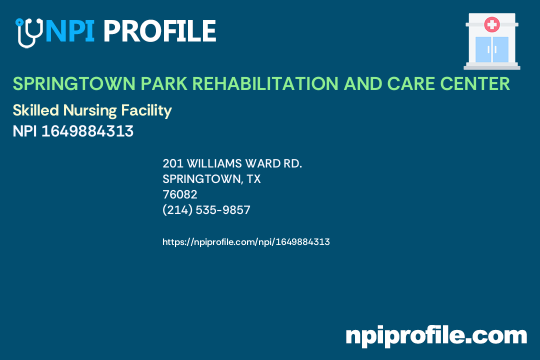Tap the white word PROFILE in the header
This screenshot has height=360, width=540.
tap(159, 31)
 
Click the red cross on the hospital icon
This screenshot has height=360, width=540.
tap(492, 24)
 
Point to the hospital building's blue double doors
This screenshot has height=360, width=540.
tap(492, 49)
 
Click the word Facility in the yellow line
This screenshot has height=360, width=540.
tap(150, 110)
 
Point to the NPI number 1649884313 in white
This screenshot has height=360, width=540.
tap(87, 131)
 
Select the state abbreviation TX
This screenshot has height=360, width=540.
tap(254, 179)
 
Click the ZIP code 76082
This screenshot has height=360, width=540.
tap(180, 194)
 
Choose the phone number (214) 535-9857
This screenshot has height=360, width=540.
tap(206, 210)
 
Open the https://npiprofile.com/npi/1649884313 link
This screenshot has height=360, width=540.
tap(246, 242)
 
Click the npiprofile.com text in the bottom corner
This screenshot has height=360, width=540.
tap(436, 335)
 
